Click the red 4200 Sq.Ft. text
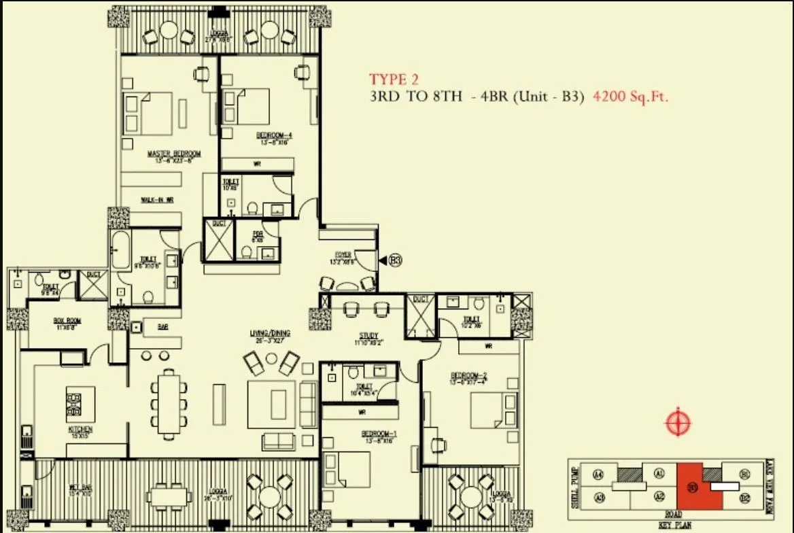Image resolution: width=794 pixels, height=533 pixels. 631,97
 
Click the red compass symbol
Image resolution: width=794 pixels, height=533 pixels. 678,423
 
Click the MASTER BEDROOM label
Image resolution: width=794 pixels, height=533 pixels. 174,155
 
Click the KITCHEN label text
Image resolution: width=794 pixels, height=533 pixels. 80,430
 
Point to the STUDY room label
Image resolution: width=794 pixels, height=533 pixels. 368,336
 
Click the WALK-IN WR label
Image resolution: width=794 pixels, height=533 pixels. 157,200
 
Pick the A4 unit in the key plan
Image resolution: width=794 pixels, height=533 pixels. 598,474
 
